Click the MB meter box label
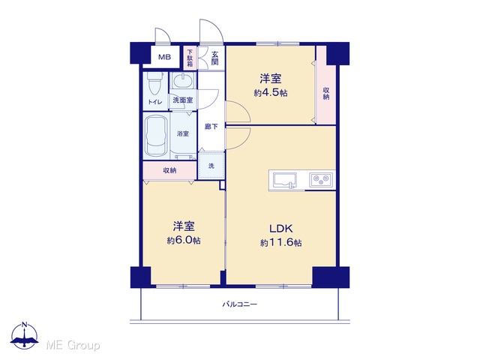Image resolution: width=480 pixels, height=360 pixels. (164, 57)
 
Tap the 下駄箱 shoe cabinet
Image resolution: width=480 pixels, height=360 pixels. (190, 58)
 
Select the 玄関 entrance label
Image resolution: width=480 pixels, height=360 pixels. (215, 58)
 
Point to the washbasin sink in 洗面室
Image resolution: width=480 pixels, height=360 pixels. (183, 80)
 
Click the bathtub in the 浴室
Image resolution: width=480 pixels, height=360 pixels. (156, 135)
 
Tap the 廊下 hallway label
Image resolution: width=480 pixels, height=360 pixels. (211, 126)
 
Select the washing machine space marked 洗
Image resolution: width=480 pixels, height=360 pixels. (211, 166)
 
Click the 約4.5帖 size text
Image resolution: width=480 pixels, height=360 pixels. (271, 93)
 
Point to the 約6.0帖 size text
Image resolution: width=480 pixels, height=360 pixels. (184, 241)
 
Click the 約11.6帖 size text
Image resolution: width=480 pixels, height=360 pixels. (281, 243)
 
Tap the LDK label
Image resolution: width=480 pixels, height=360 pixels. (281, 228)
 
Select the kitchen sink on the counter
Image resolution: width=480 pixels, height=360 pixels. (285, 180)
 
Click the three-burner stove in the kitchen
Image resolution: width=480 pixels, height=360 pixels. (321, 180)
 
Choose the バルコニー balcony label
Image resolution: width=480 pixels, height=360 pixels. (240, 304)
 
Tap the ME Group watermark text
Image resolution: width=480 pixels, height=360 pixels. (73, 345)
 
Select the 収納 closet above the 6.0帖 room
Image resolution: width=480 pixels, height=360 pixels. (169, 170)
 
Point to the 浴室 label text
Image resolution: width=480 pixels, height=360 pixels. (183, 133)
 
